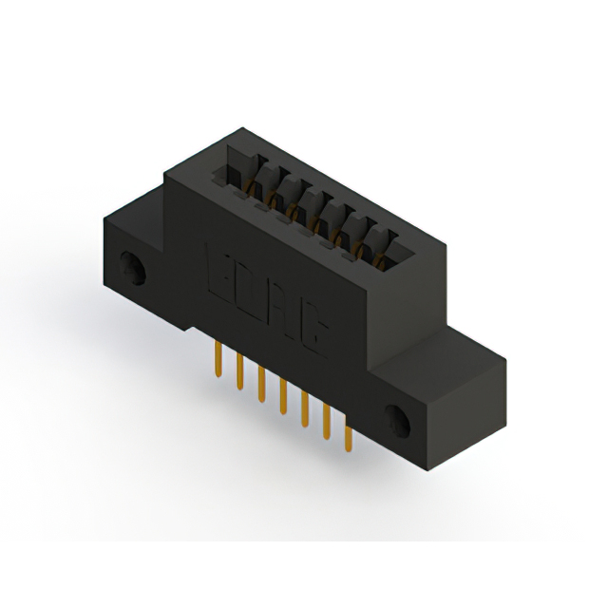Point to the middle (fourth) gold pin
click(x=282, y=394)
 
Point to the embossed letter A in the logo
click(x=282, y=310)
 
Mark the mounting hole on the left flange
click(x=131, y=268)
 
